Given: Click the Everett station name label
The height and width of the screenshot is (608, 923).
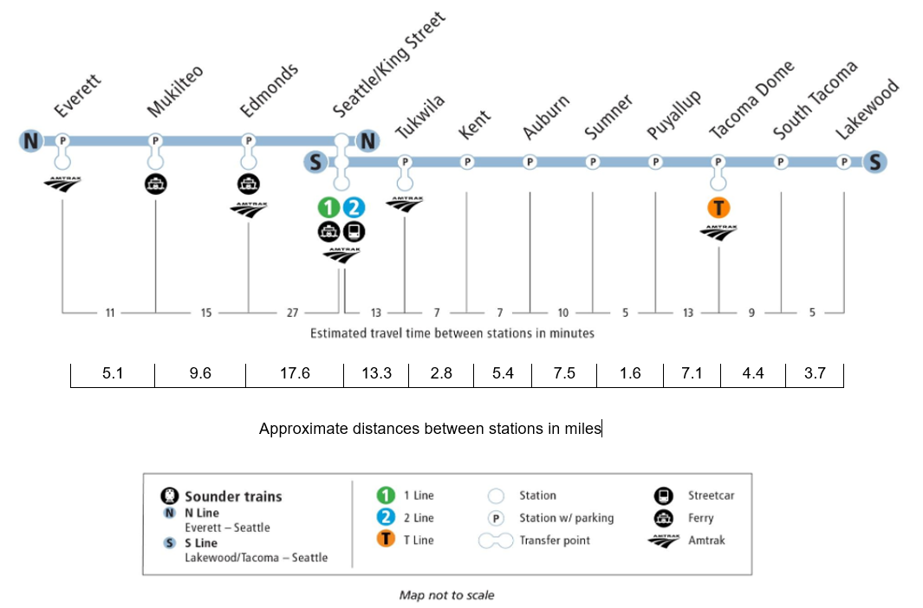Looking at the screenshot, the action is click(77, 95).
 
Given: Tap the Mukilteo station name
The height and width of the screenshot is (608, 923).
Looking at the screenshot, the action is click(175, 91).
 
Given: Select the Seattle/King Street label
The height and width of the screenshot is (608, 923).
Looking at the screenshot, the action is click(388, 65).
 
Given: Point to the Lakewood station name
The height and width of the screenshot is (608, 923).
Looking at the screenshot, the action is click(867, 109).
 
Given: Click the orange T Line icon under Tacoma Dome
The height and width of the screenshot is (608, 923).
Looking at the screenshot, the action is click(718, 208).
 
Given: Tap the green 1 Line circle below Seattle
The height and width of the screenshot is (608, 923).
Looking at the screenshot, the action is click(329, 208).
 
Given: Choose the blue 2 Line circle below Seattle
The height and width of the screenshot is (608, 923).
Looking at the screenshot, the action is click(354, 208).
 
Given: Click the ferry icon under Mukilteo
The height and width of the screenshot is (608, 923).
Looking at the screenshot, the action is click(155, 184).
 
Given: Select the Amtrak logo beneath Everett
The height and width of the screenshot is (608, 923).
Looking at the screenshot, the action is click(62, 184).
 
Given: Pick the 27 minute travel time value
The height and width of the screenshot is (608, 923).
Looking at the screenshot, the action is click(293, 313).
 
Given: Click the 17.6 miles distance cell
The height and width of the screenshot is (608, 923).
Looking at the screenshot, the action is click(295, 374).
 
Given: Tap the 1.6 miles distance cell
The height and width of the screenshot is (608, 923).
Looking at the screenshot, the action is click(630, 374).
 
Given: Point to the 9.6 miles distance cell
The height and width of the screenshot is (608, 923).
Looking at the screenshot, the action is click(200, 374).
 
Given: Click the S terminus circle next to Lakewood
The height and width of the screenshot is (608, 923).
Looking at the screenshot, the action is click(874, 162).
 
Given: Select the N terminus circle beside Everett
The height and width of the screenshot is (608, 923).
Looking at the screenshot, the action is click(30, 140).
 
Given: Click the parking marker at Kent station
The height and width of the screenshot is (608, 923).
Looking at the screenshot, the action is click(467, 162).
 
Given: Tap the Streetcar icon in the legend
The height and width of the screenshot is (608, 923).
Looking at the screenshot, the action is click(663, 495).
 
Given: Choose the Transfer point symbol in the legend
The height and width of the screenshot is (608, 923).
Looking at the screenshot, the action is click(496, 541).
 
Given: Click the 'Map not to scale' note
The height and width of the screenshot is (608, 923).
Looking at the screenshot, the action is click(447, 595).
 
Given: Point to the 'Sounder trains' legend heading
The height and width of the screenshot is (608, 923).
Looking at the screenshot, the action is click(233, 496).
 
